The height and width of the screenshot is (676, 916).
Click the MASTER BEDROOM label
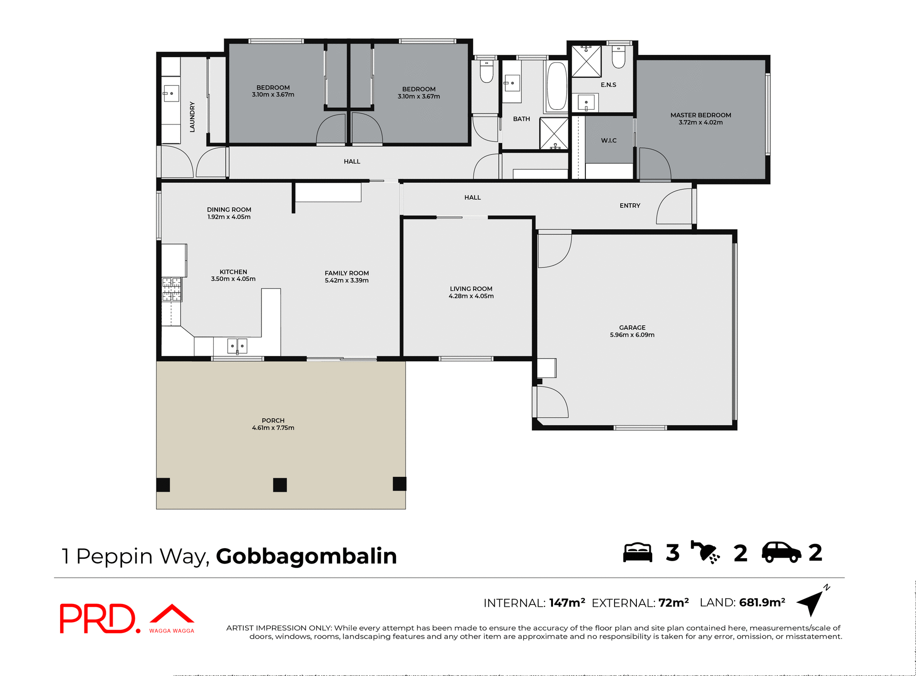pos(700,115)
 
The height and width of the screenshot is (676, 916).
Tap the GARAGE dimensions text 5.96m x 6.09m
pos(632,335)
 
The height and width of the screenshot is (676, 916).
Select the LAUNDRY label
pos(192,117)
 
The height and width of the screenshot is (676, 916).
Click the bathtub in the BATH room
pos(556,86)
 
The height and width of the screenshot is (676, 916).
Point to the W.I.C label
pos(609,141)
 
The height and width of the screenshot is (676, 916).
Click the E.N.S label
pos(608,85)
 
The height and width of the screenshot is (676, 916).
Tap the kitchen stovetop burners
pos(172,289)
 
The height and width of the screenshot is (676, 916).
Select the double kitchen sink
pos(237,345)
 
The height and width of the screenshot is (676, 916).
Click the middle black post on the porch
pos(280,485)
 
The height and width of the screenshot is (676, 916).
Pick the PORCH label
pos(273,420)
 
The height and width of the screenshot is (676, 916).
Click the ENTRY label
pos(630,205)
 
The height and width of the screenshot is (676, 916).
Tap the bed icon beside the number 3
pos(637,553)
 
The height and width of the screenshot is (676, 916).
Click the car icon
pos(781,553)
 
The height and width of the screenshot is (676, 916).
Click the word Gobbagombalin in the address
pos(306,556)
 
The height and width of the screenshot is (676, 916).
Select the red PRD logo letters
pos(98,618)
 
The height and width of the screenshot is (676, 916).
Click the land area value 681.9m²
pos(762,603)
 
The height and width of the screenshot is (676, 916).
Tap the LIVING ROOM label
pos(471,289)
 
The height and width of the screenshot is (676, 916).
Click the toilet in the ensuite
pos(618,58)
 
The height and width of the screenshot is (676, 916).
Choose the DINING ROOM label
pos(229,210)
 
